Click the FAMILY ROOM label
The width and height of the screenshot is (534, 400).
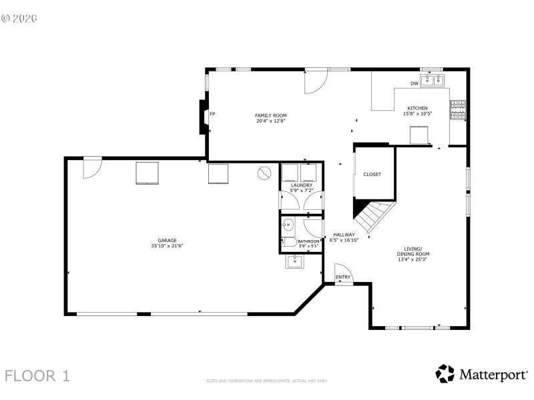(270, 115)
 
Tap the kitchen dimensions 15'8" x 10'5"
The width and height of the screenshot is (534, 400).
(418, 113)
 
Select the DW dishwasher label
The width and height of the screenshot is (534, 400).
(415, 83)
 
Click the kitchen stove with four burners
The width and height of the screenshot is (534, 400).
(458, 110)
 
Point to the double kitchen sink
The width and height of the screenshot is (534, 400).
(432, 81)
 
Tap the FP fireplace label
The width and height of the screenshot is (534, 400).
(212, 114)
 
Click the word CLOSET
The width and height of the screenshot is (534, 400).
(372, 175)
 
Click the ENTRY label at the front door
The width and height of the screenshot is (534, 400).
(343, 277)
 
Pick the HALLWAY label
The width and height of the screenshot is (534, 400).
(344, 235)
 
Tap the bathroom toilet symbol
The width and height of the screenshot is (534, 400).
(288, 243)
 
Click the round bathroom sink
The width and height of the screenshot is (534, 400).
(288, 225)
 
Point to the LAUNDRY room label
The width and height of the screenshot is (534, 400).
(301, 185)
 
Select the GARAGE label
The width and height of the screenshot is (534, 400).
(167, 240)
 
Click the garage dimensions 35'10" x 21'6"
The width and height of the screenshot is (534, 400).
(167, 246)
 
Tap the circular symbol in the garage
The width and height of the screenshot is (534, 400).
(265, 173)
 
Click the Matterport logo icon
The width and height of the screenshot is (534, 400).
(445, 373)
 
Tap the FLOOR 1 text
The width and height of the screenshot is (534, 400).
(37, 375)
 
